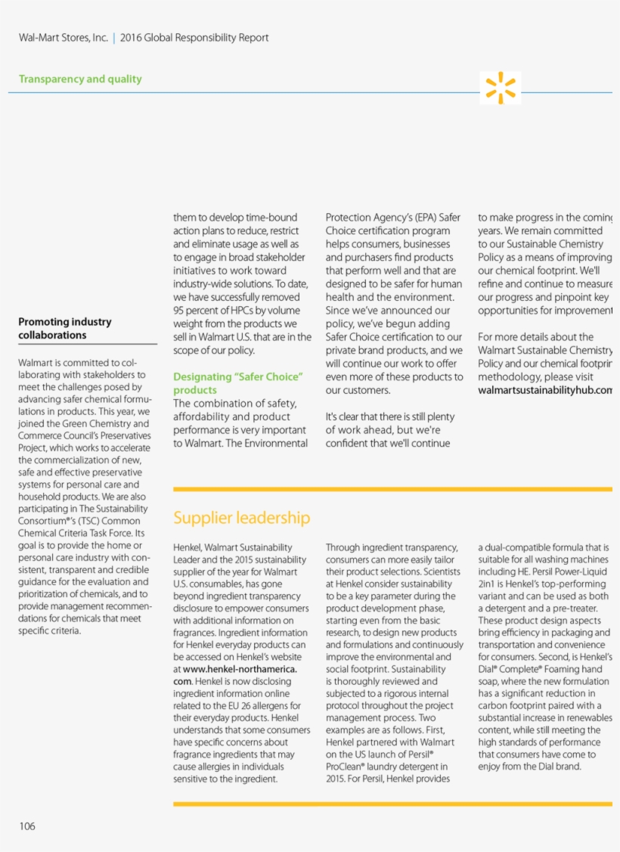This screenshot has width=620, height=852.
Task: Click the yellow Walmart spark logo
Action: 501,88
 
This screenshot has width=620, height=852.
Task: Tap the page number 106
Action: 27,826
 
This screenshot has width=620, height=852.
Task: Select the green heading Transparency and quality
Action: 80,79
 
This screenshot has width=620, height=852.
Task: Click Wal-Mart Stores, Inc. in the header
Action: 64,38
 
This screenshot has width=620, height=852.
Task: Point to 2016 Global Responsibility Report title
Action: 194,38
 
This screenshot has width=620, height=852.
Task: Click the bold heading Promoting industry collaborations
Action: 65,328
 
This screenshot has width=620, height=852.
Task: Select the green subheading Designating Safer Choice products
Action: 237,383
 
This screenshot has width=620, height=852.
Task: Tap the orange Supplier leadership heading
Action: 241,518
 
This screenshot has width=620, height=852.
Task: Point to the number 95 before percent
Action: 180,310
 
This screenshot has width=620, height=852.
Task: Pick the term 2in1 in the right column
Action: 486,584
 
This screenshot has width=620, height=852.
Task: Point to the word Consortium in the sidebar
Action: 44,521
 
